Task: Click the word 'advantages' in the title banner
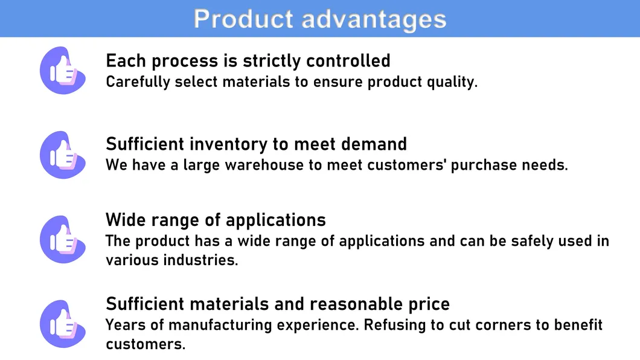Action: [x=374, y=19]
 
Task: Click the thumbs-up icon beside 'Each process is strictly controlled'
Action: [x=63, y=71]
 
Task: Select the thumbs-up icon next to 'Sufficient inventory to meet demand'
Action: [x=63, y=155]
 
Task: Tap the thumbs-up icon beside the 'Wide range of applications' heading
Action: [x=63, y=239]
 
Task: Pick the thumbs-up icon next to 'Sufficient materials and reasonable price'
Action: [x=63, y=324]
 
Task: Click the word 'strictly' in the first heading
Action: [x=272, y=61]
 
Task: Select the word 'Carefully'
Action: [x=138, y=82]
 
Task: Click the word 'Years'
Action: [x=126, y=325]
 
